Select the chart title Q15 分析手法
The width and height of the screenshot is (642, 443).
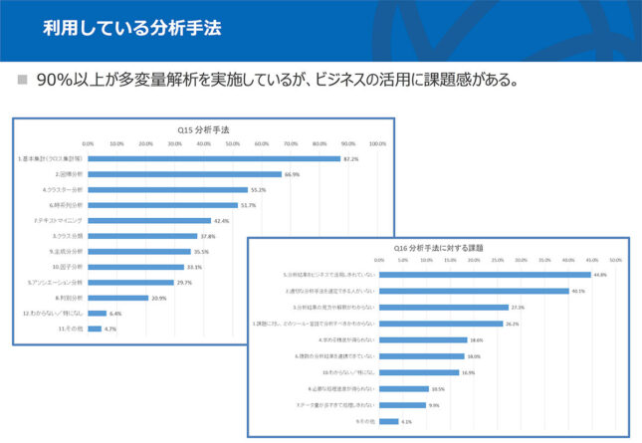205,129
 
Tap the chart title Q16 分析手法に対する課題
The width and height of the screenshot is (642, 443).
438,246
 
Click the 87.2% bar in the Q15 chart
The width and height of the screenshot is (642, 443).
214,158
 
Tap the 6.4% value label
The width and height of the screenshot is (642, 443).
114,313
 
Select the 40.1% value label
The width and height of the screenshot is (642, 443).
577,291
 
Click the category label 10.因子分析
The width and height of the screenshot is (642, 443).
68,267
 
